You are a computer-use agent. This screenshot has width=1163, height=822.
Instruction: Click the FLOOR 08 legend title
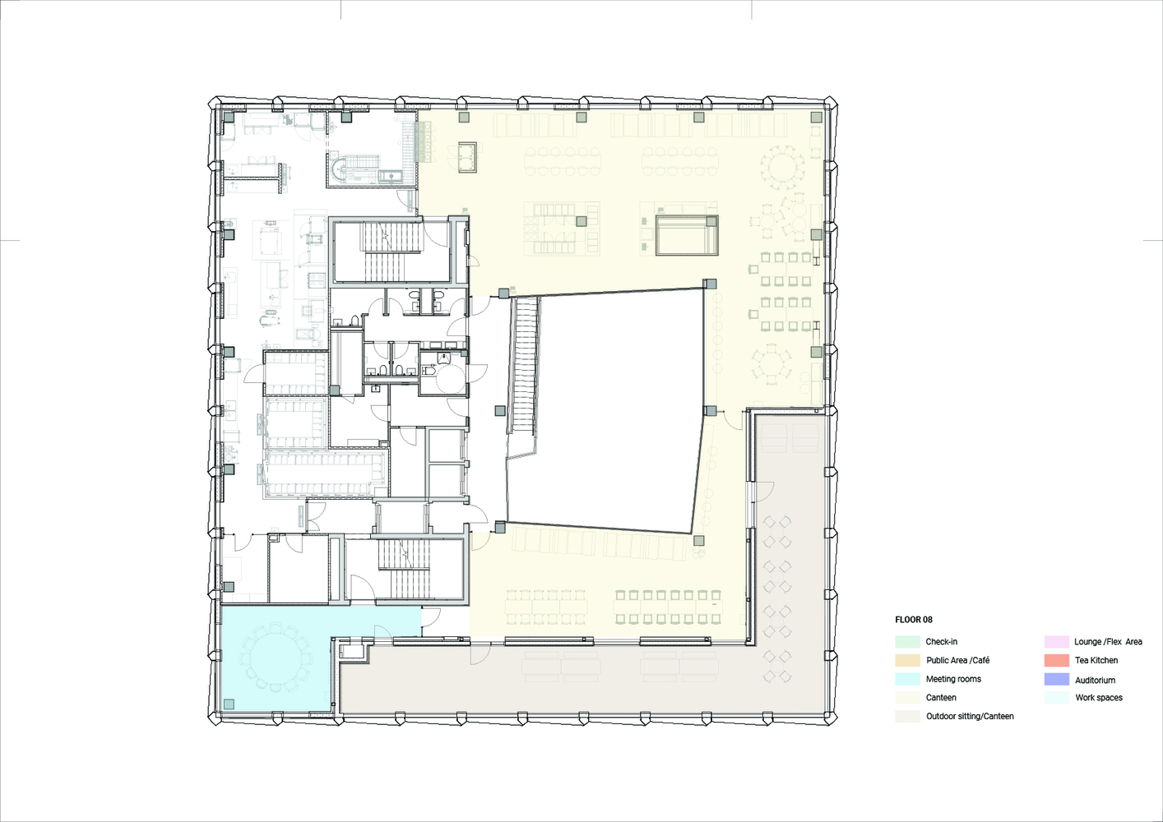pyautogui.click(x=914, y=620)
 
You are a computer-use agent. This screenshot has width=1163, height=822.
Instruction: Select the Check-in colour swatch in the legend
pyautogui.click(x=907, y=642)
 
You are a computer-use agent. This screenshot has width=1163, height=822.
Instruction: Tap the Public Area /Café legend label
pyautogui.click(x=958, y=661)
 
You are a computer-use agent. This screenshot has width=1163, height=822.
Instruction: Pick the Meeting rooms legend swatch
pyautogui.click(x=907, y=679)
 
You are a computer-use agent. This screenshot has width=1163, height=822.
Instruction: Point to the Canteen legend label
pyautogui.click(x=941, y=698)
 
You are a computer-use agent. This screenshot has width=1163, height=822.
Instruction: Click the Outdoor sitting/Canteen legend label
pyautogui.click(x=970, y=717)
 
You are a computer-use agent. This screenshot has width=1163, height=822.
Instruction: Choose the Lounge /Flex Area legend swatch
pyautogui.click(x=1057, y=642)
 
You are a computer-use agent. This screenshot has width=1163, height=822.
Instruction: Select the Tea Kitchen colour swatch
pyautogui.click(x=1057, y=661)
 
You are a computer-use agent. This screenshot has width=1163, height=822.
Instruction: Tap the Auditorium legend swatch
pyautogui.click(x=1057, y=679)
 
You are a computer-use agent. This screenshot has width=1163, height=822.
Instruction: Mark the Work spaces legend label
pyautogui.click(x=1099, y=698)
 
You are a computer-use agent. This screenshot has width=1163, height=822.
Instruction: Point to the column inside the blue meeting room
pyautogui.click(x=229, y=704)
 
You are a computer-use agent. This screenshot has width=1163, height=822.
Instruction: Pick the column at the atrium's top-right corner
pyautogui.click(x=710, y=284)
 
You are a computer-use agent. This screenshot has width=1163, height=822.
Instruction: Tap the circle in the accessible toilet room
pyautogui.click(x=448, y=378)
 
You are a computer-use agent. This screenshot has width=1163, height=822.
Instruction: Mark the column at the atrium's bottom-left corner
pyautogui.click(x=500, y=528)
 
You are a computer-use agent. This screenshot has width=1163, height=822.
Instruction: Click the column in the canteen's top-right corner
pyautogui.click(x=817, y=117)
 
